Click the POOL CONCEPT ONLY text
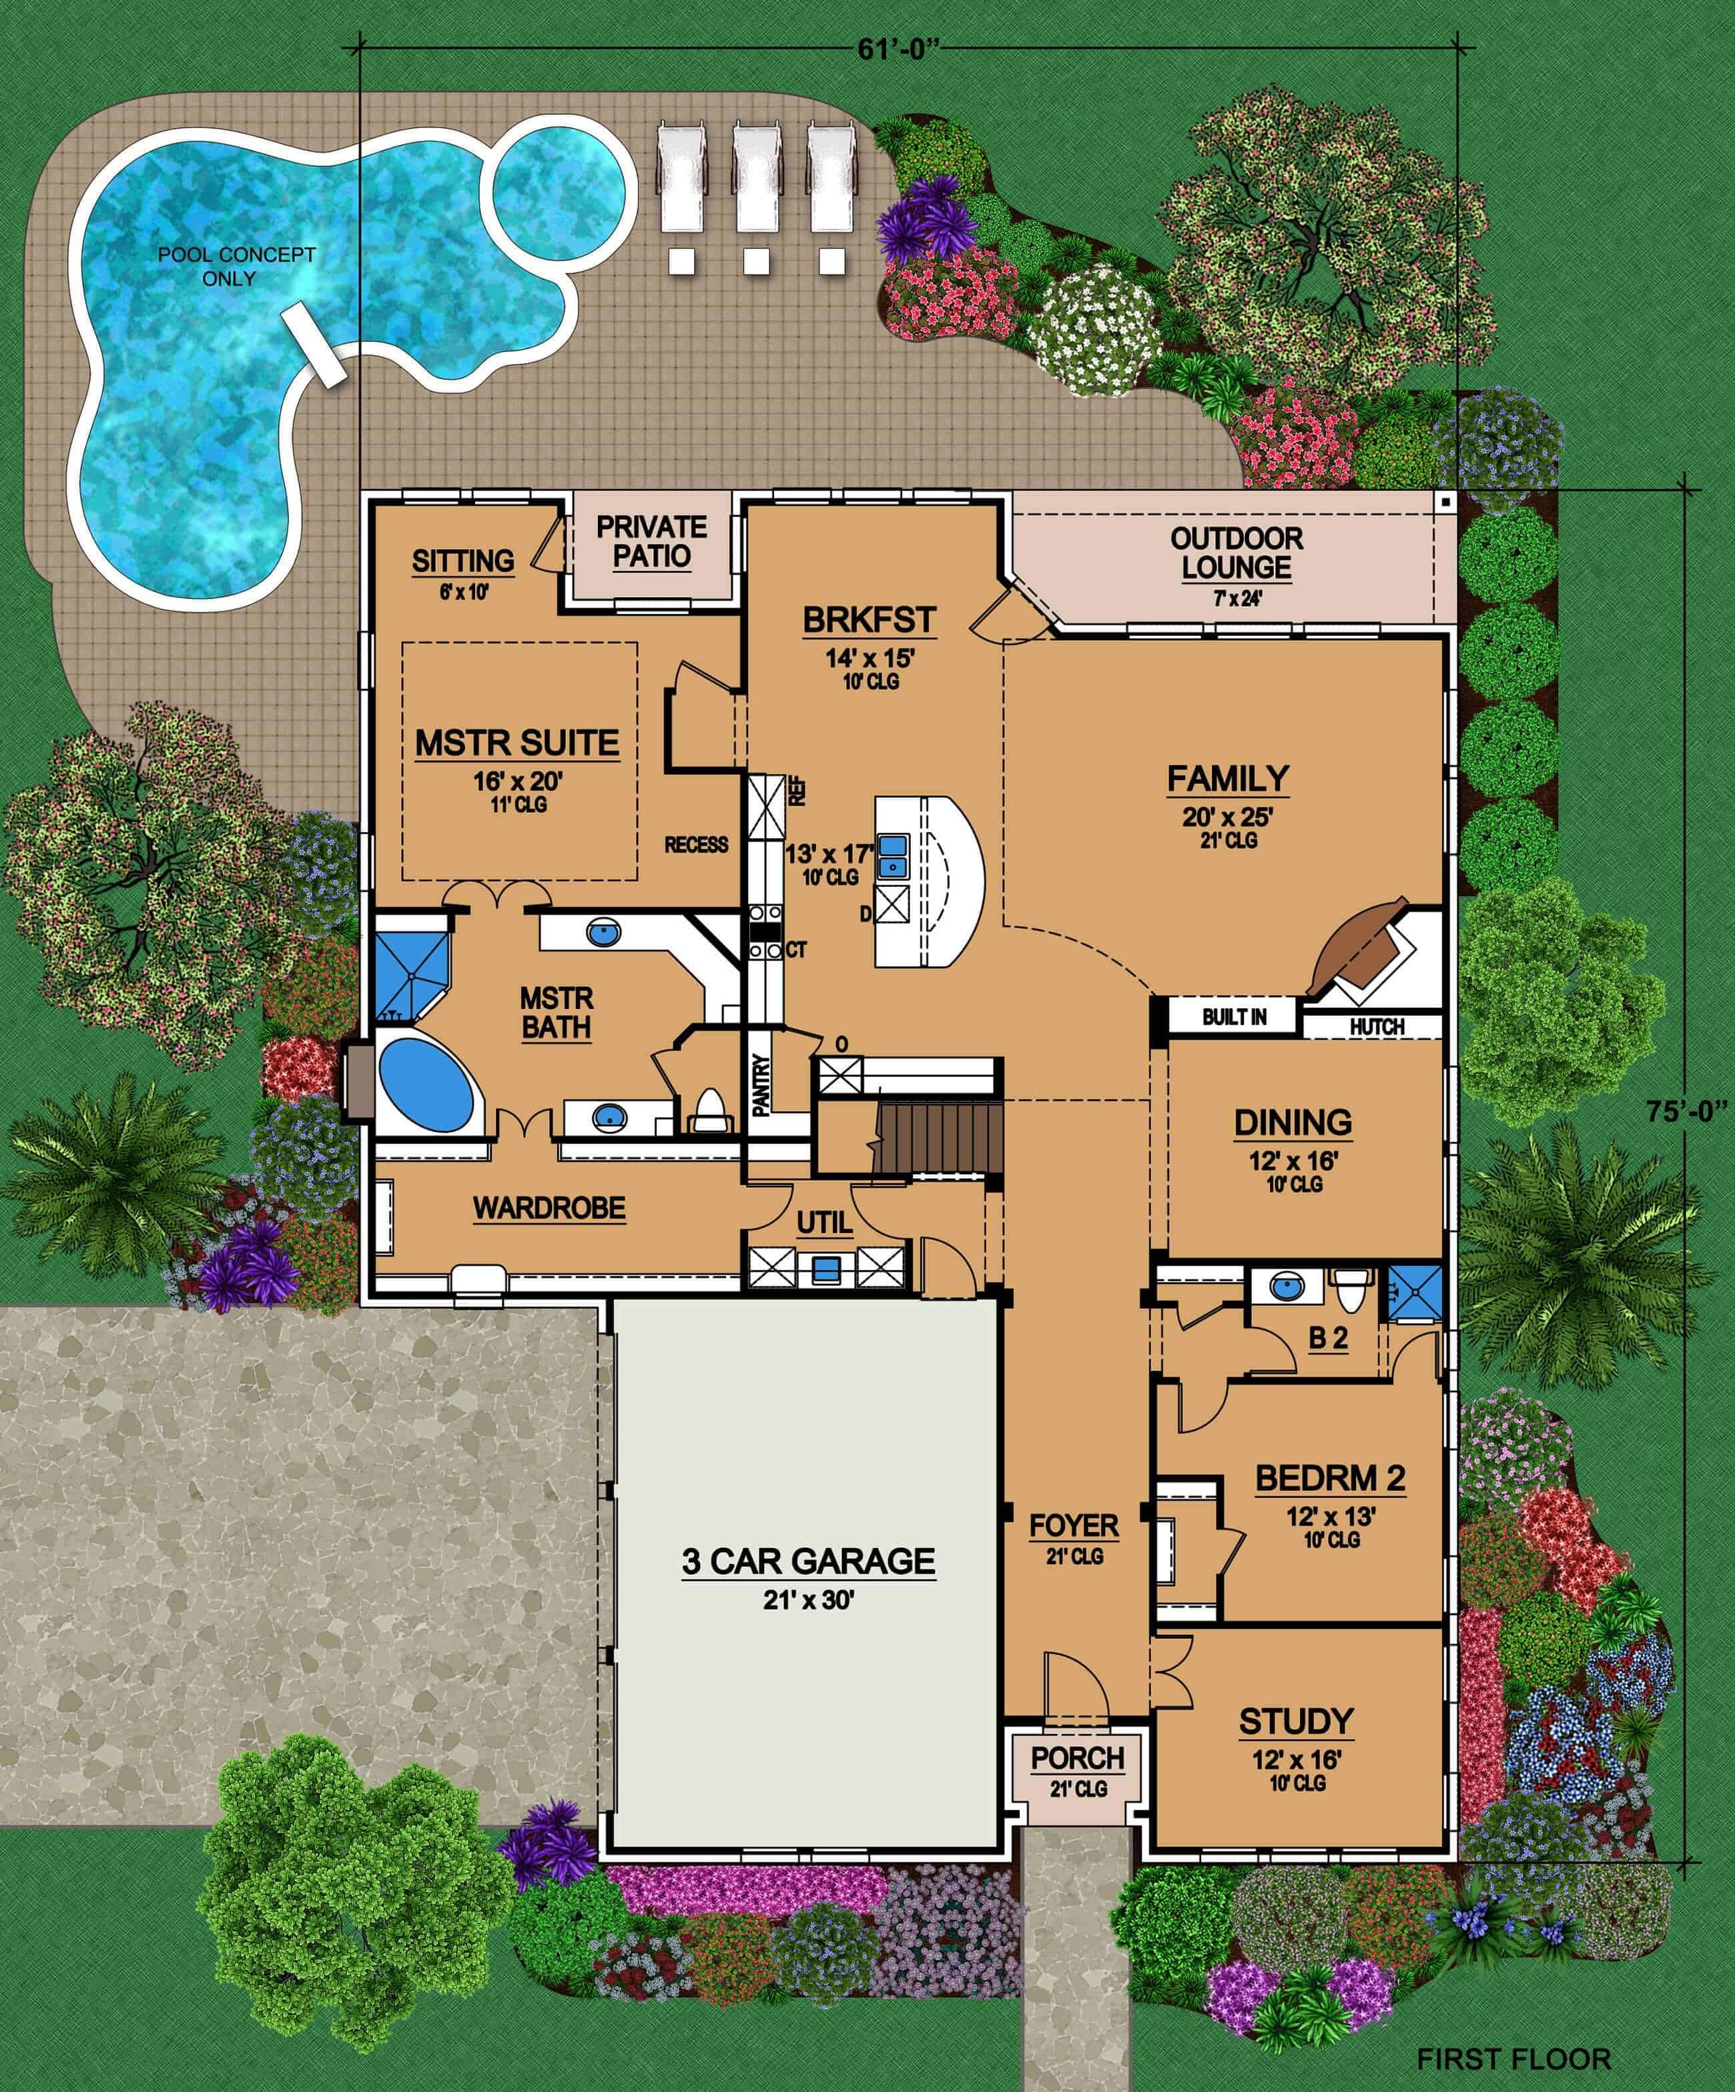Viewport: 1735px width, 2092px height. click(237, 266)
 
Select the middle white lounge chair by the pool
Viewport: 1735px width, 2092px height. click(757, 180)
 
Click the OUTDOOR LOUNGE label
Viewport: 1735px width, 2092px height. click(1236, 553)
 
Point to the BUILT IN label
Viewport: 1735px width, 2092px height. click(1234, 1017)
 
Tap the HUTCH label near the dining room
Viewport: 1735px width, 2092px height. click(1377, 1026)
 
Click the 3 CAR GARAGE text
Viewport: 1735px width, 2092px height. click(807, 1561)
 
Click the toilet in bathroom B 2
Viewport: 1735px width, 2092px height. click(1351, 1292)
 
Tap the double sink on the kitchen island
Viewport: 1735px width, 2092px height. click(892, 855)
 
